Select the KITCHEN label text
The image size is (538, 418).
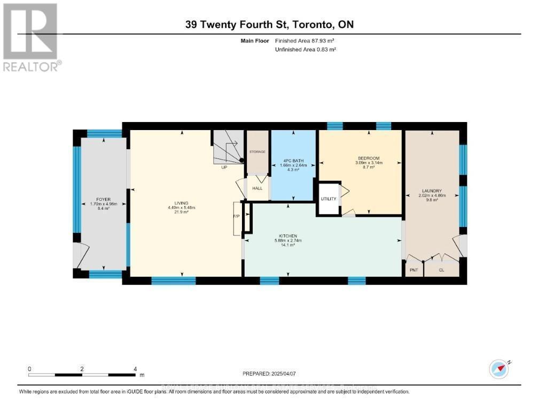[x=287, y=236]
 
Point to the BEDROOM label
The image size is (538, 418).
[x=368, y=158]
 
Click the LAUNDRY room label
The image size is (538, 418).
[x=431, y=191]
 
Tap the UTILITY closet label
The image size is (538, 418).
[x=329, y=199]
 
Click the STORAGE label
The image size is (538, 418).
[x=258, y=152]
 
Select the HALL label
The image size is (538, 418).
[x=258, y=188]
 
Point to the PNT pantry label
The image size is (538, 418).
[x=414, y=270]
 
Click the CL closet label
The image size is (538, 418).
[x=441, y=270]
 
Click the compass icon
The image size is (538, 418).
[x=499, y=369]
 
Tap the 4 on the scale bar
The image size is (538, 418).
[x=135, y=369]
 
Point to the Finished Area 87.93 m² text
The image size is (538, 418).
[x=307, y=41]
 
